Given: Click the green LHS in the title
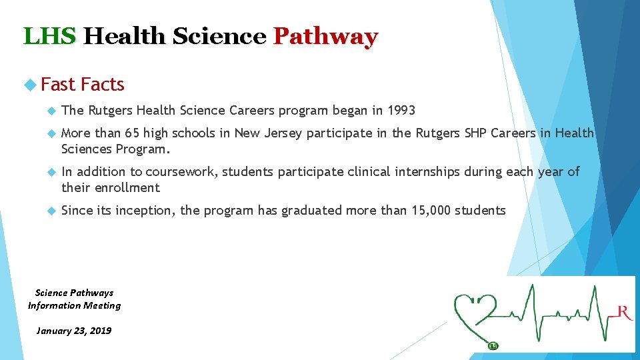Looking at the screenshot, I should point(50,36).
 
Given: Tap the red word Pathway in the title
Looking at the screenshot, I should point(325,36).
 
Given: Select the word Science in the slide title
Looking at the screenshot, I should point(219,36).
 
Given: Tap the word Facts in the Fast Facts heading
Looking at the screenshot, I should point(102,85).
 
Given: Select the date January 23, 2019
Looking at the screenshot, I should point(74,331).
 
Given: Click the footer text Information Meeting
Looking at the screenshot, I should point(74,305).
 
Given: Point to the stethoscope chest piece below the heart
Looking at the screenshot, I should point(493,345).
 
